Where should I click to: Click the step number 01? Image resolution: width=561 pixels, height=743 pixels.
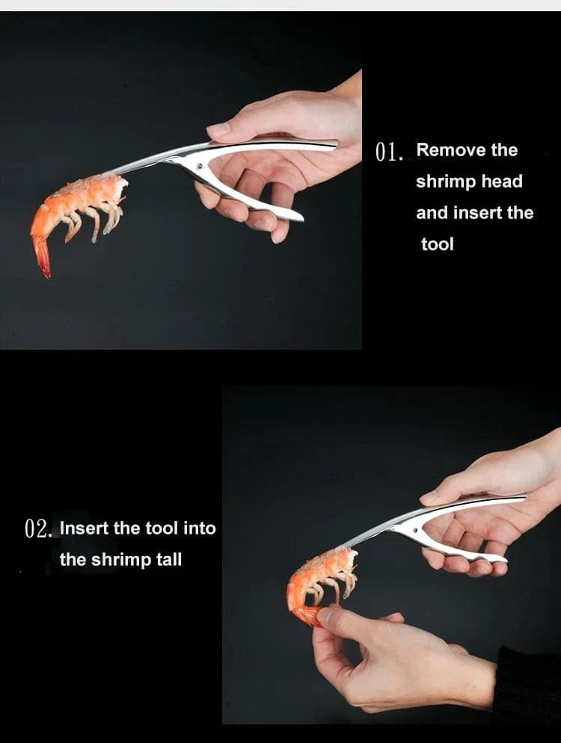(x=389, y=152)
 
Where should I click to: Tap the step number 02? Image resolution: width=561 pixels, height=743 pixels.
(x=38, y=528)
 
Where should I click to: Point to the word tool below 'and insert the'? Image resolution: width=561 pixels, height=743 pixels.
(x=438, y=244)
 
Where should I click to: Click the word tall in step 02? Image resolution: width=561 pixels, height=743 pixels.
(x=169, y=560)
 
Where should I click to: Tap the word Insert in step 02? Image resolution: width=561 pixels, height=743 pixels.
(x=85, y=528)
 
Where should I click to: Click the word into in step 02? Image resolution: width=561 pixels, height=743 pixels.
(x=199, y=528)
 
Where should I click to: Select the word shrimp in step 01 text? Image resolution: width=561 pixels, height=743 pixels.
(x=447, y=182)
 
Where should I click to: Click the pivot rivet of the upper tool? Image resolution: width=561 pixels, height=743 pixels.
(x=200, y=167)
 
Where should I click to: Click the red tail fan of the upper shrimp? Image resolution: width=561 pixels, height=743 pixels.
(x=42, y=258)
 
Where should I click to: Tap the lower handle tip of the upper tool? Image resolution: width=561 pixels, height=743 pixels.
(x=298, y=217)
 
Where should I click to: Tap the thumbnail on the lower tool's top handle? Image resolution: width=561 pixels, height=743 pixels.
(x=429, y=498)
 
